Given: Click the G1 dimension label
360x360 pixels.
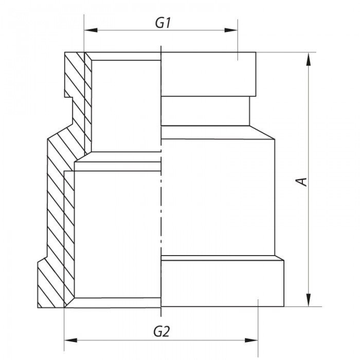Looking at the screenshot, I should point(163,23).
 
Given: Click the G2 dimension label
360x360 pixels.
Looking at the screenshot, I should point(162,331).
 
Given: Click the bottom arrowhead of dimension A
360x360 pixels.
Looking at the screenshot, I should point(308,300).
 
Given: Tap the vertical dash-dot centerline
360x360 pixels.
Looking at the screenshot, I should point(161,206).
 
